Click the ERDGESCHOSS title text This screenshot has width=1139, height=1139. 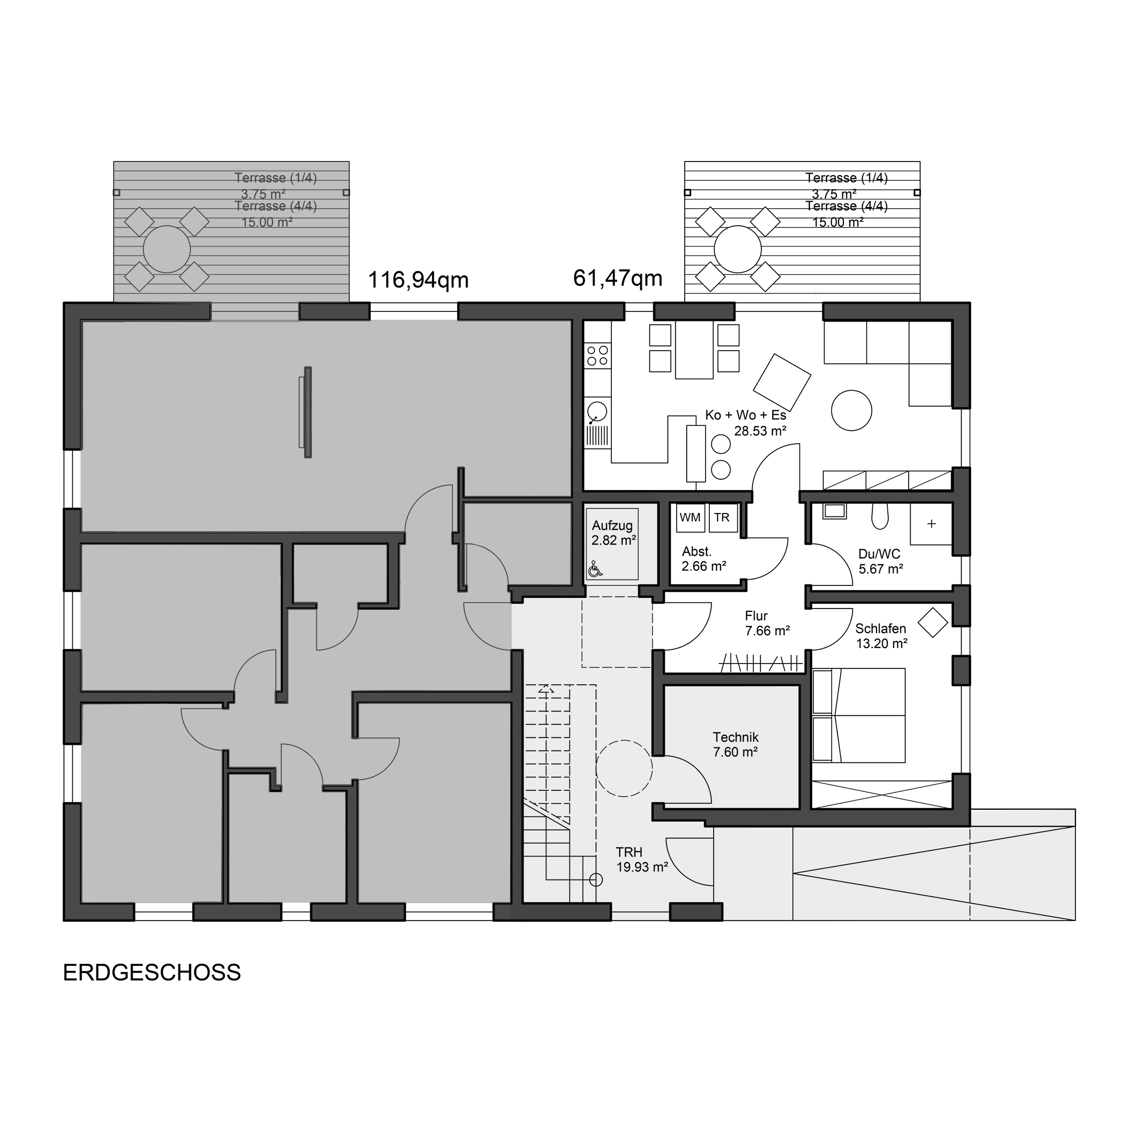pos(152,973)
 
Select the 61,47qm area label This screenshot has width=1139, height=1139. pos(618,278)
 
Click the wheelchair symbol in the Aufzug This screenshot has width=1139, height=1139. pos(596,569)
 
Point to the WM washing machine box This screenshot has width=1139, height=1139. pos(691,517)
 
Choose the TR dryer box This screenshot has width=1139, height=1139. pos(723,517)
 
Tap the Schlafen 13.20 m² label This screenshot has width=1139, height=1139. pos(881,636)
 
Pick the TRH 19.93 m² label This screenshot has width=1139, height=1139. pos(641,860)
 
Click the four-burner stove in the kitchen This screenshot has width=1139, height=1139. pos(597,355)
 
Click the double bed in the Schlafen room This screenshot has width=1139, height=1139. pos(858,715)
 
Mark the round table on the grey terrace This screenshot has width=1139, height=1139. pos(167,249)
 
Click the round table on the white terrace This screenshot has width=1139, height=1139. pos(737,249)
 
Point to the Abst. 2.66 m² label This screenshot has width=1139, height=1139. pos(704,559)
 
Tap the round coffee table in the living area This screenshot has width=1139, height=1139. pos(851,410)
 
